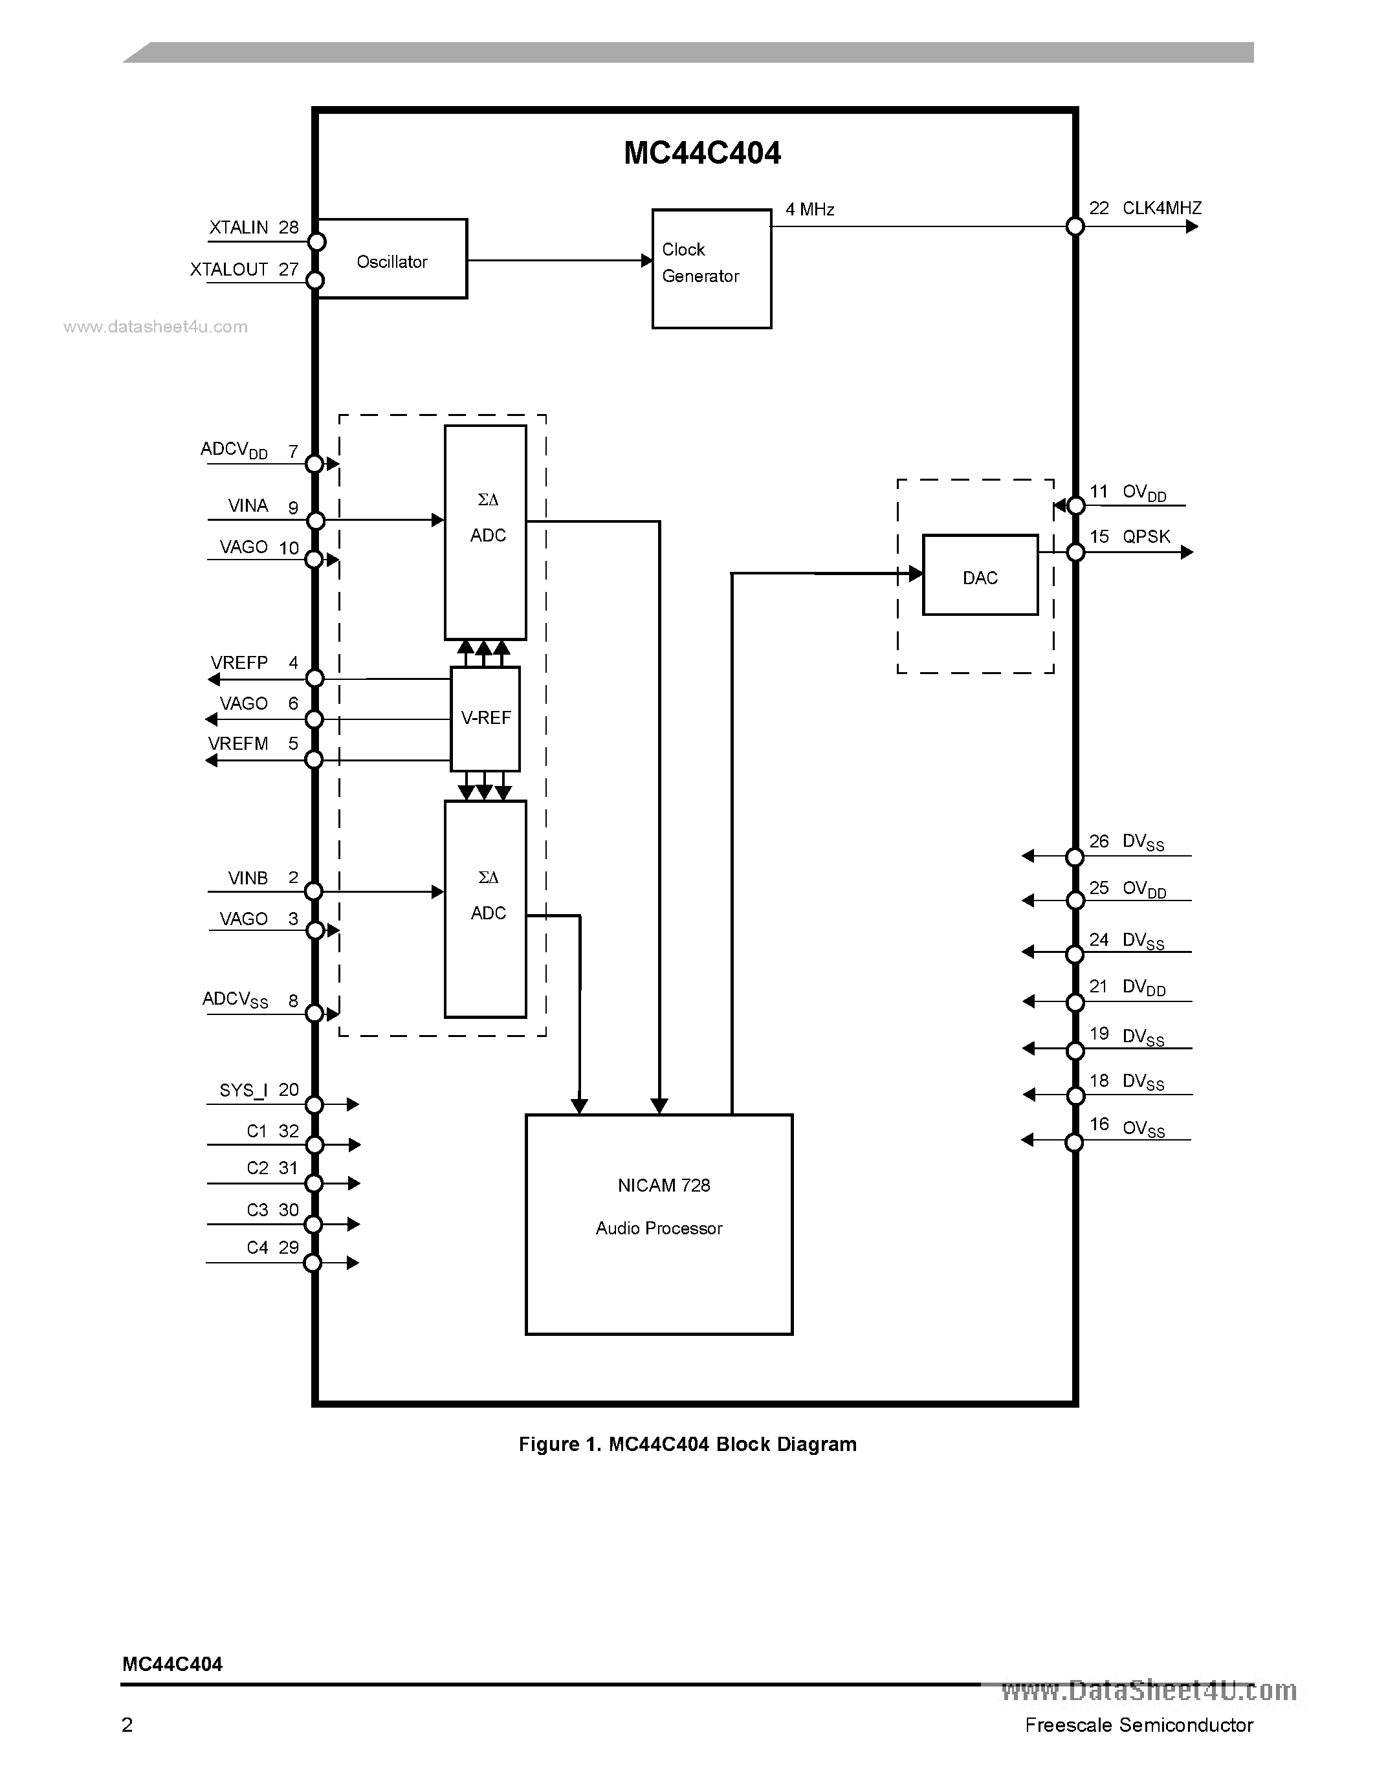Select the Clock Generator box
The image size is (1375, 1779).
point(711,269)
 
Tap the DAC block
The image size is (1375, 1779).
point(980,575)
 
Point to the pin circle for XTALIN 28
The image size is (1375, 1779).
point(316,242)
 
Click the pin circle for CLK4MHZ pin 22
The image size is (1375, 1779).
point(1075,226)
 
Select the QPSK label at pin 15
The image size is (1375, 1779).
point(1146,536)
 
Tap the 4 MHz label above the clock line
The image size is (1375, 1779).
point(809,210)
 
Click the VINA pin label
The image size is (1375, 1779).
point(248,506)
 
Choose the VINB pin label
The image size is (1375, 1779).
point(248,878)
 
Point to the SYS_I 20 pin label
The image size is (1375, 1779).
point(259,1090)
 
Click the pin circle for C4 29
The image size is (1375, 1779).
point(313,1263)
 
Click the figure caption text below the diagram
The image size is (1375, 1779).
point(687,1444)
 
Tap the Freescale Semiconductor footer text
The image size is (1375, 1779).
point(1139,1725)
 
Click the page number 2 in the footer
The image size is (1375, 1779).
point(127,1725)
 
